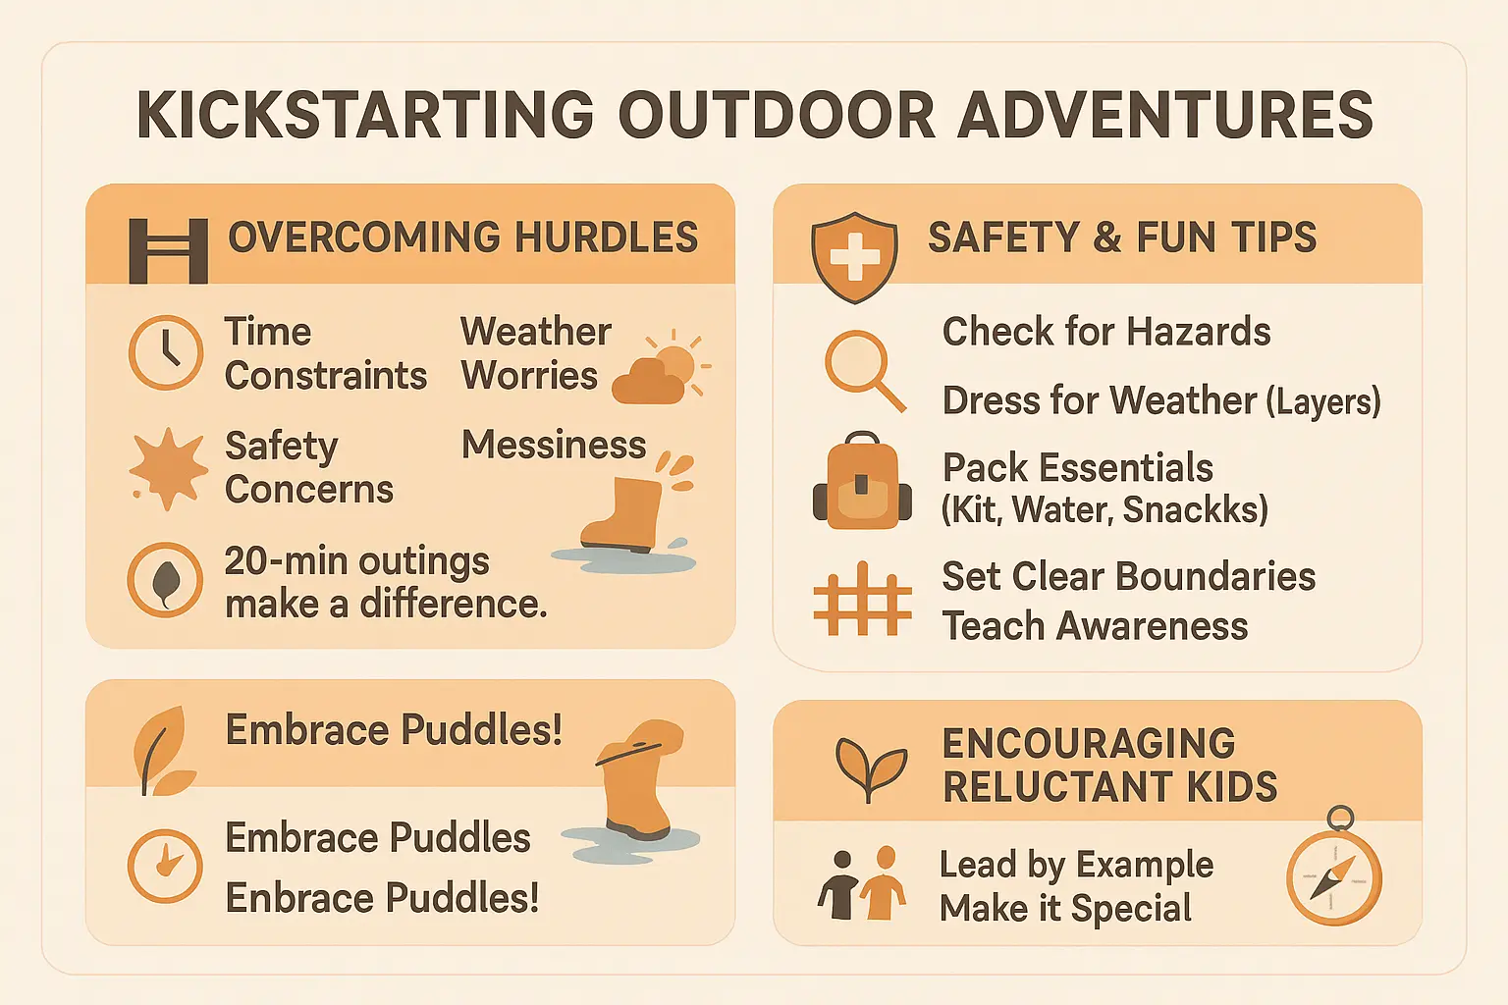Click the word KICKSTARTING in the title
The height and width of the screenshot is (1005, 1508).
[x=365, y=115]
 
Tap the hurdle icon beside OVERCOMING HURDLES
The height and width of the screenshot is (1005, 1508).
[x=168, y=250]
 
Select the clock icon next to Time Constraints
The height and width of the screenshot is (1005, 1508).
[x=166, y=352]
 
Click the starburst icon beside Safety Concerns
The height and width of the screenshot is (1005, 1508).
[x=168, y=468]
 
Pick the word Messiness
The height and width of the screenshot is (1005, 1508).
[x=554, y=445]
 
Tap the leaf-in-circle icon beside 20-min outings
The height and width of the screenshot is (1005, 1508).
[x=165, y=580]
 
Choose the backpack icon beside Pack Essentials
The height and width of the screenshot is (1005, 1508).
[x=861, y=482]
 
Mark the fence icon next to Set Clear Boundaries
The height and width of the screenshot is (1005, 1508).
[x=862, y=599]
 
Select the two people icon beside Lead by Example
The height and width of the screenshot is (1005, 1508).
[x=861, y=883]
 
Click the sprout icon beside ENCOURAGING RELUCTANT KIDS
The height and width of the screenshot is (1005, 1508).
[x=870, y=767]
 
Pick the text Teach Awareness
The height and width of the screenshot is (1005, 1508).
[x=1095, y=626]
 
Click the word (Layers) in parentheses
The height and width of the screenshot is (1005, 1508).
[x=1323, y=401]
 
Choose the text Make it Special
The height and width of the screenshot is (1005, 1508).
[x=1065, y=909]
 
